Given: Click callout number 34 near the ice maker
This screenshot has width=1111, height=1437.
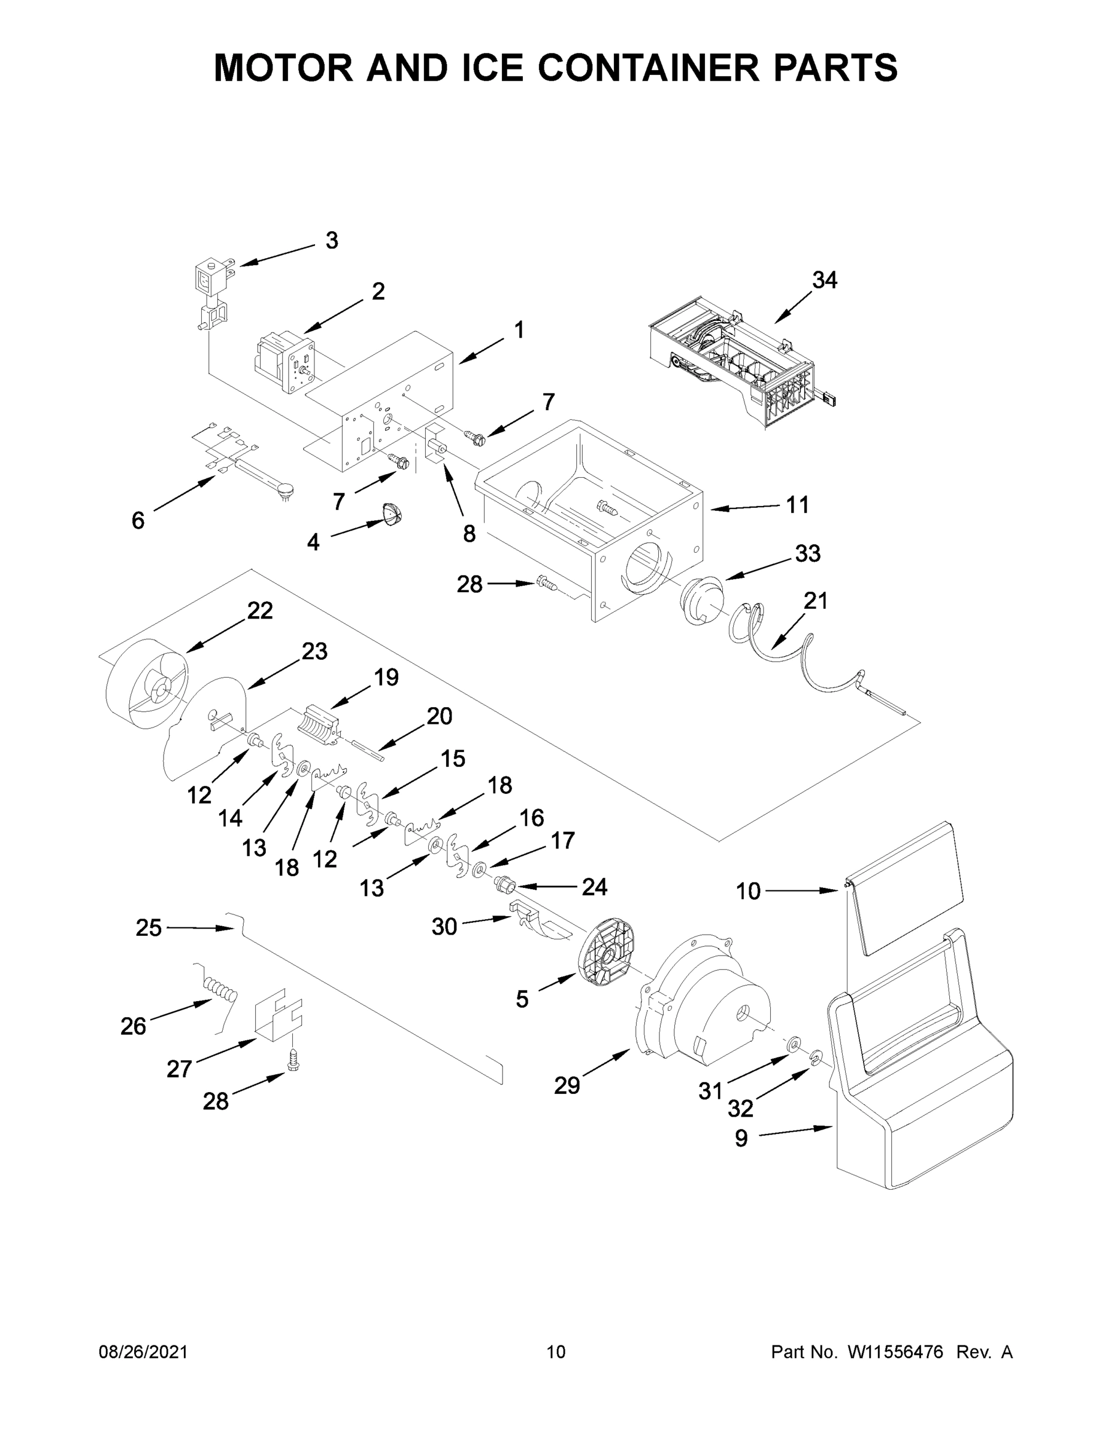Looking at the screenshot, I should tap(824, 281).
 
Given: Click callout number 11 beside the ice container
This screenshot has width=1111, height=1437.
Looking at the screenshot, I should tap(798, 505).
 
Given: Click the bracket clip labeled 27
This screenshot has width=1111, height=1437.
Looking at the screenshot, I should tap(278, 1017).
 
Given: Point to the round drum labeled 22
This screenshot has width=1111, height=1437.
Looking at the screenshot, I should tap(146, 685).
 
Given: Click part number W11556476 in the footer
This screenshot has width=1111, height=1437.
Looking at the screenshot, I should tap(895, 1351).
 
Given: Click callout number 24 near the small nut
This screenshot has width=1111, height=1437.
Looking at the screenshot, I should tap(594, 886).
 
